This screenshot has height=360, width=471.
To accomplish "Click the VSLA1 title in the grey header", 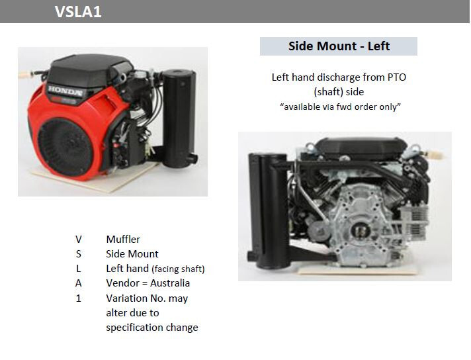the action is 78,12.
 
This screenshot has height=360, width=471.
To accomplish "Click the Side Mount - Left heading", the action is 339,46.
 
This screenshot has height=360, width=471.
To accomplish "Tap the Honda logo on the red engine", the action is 65,91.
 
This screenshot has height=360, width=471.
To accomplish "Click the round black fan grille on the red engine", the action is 65,148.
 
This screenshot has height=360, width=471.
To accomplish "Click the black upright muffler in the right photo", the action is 268,210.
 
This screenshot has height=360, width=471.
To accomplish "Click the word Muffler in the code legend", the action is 123,239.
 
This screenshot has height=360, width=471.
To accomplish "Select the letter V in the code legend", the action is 79,240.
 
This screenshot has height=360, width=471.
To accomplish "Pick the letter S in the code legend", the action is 79,254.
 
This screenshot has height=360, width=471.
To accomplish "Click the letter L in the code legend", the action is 79,269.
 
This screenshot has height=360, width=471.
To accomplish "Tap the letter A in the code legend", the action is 79,283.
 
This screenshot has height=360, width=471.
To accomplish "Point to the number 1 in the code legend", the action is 79,298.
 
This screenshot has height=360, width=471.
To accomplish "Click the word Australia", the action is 170,283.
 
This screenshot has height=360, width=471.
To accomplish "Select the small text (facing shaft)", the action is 178,269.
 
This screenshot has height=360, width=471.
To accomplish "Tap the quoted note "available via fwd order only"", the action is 340,107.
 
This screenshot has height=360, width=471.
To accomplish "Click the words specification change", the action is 152,328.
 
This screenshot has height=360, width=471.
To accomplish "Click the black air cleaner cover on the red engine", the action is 89,69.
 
